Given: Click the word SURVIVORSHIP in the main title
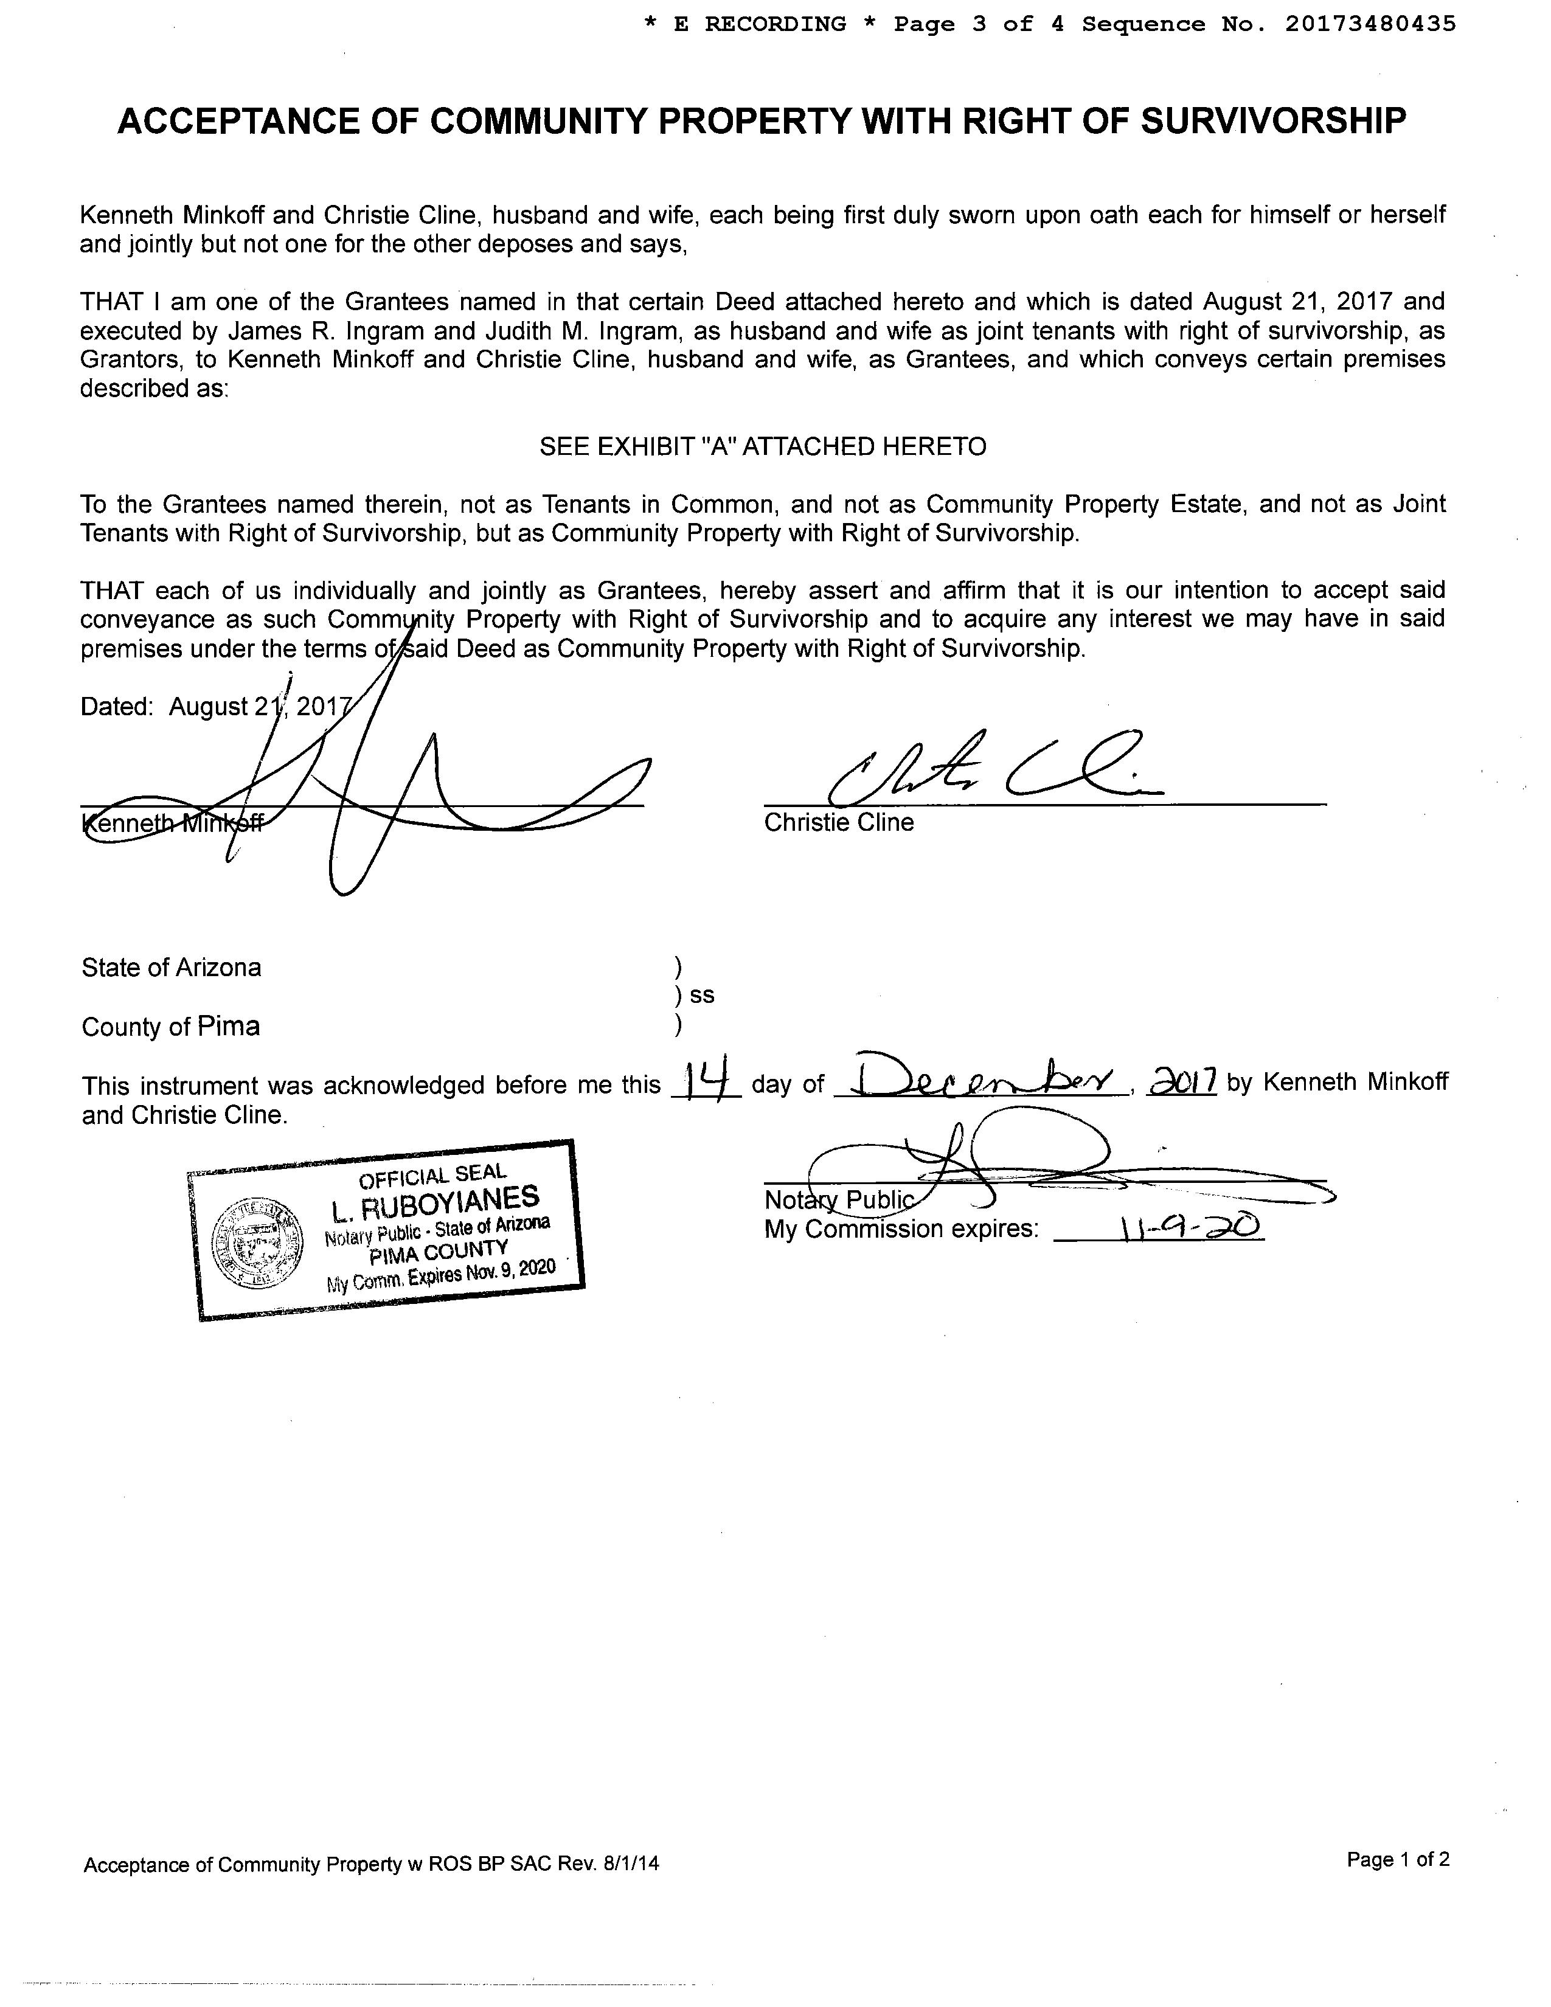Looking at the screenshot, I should coord(1274,121).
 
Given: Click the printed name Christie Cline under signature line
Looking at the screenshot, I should coord(839,822).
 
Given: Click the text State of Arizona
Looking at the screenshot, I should coord(171,967).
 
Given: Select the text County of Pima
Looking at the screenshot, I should coord(171,1027).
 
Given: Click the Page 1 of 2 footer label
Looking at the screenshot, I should coord(1398,1860).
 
